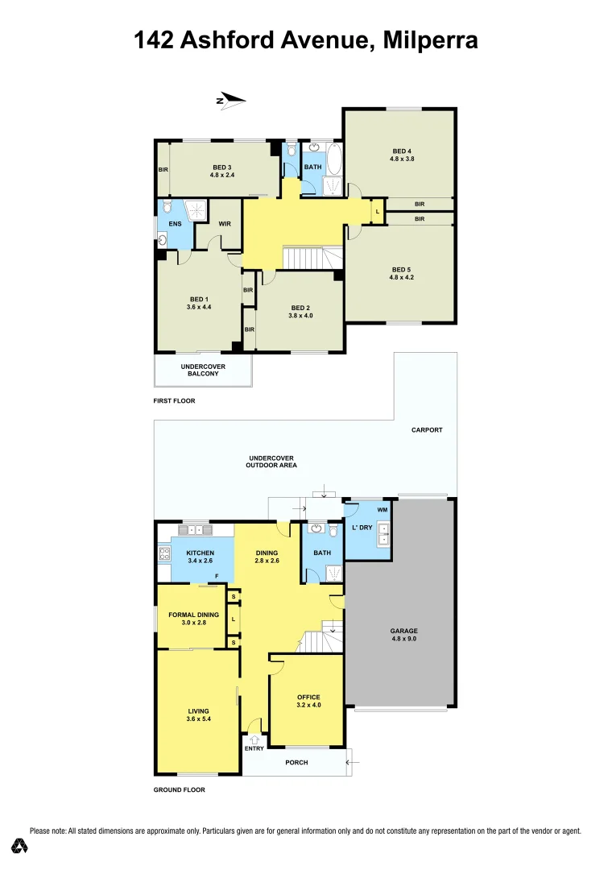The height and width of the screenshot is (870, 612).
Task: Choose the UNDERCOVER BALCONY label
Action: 203,370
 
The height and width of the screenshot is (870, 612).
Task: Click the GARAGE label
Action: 404,631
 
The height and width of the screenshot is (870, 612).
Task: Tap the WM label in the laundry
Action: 382,510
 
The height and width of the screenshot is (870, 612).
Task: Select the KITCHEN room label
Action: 200,553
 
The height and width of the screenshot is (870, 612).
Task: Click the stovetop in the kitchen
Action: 164,553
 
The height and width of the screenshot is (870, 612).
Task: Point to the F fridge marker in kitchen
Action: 217,576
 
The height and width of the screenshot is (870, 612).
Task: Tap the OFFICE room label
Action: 308,697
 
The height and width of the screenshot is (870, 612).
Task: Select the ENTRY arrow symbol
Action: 254,739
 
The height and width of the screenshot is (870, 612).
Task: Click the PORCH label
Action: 297,762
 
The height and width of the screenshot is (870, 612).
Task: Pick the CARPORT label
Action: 427,430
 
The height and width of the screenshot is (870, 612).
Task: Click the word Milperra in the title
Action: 428,40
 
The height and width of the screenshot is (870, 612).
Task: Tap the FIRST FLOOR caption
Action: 175,400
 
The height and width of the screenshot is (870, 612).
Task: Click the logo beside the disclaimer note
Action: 19,845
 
